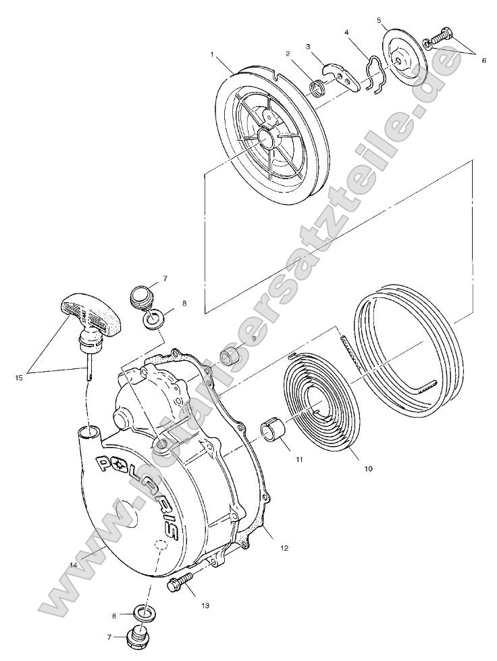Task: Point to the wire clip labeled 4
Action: pos(374,75)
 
